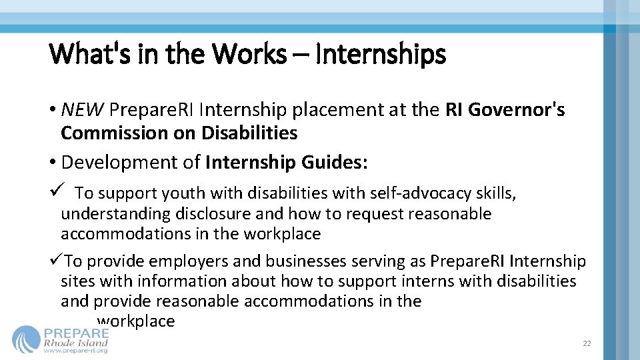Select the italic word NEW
click(x=83, y=109)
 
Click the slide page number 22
click(x=587, y=343)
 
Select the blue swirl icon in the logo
click(x=26, y=339)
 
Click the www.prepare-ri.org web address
click(x=75, y=351)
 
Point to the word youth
click(x=183, y=193)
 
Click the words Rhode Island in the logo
click(x=75, y=342)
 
